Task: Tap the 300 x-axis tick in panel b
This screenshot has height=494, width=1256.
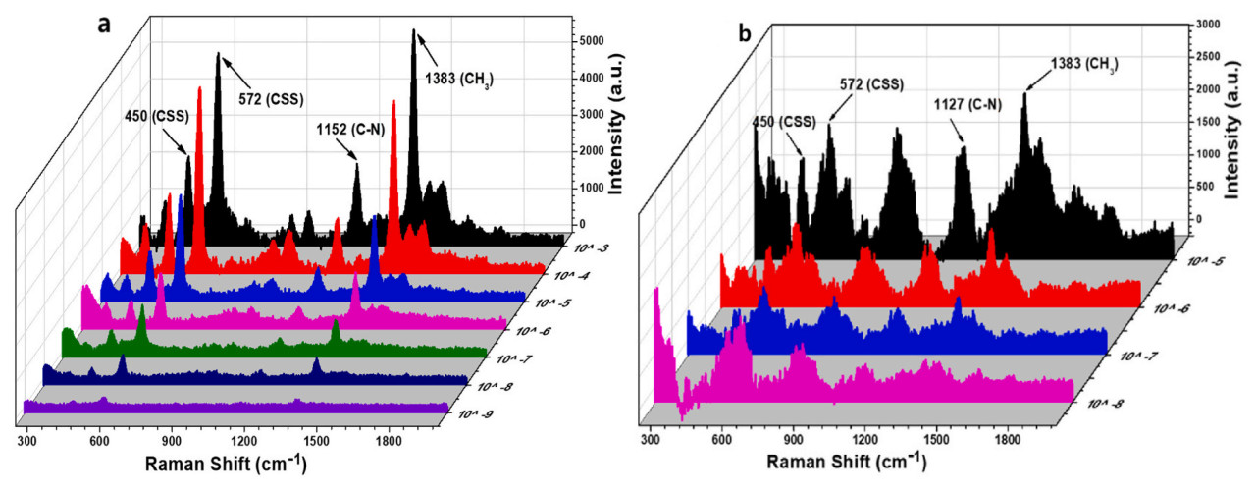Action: click(x=649, y=438)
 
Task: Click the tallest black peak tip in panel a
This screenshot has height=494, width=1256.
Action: click(x=413, y=30)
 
